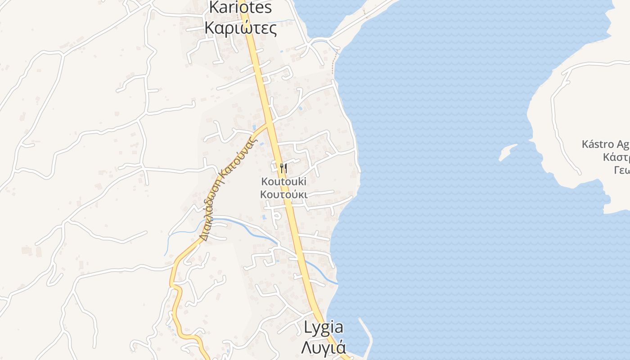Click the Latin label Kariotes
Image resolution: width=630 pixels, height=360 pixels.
pyautogui.click(x=241, y=7)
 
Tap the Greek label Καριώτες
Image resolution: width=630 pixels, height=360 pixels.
pyautogui.click(x=240, y=28)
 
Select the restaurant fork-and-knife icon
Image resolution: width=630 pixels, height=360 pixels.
pyautogui.click(x=283, y=169)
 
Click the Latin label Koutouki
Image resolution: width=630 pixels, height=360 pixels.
pyautogui.click(x=283, y=182)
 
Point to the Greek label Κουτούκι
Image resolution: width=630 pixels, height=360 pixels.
pyautogui.click(x=283, y=194)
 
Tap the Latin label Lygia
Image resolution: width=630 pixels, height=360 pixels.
pyautogui.click(x=323, y=328)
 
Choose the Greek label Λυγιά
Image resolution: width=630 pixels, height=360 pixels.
pyautogui.click(x=323, y=347)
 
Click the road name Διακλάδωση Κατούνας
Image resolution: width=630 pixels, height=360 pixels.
pyautogui.click(x=228, y=189)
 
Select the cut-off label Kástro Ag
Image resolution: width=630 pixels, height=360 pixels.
pyautogui.click(x=605, y=144)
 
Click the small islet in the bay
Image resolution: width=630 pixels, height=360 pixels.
pyautogui.click(x=508, y=152)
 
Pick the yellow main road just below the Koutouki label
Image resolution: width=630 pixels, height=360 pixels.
pyautogui.click(x=291, y=211)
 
